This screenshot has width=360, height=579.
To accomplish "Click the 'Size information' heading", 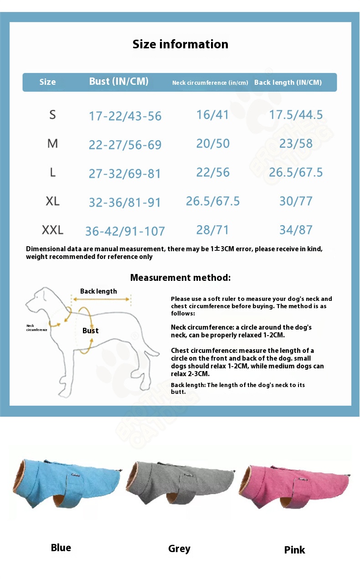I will pos(180,44).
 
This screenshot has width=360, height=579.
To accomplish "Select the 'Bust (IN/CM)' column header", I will pos(118,82).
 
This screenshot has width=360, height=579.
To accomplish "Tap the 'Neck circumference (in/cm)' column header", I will pos(210,83).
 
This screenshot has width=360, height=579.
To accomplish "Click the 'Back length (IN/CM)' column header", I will pos(288,83).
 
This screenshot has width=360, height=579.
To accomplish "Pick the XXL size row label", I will pos(52,230).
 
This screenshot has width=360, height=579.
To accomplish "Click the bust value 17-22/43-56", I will pos(125,116).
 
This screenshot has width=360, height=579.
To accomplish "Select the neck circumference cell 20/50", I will pos(213,144).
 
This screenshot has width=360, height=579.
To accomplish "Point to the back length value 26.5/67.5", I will pos(296,172).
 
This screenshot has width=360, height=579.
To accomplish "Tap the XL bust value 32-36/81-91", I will pos(125,202).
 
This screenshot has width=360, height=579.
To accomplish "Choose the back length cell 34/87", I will pos(296,230).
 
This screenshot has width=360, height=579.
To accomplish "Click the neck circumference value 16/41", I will pos(212,114).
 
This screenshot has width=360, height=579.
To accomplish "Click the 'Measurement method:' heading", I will pos(180,278).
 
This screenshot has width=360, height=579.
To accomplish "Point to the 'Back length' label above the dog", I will pos(98,291).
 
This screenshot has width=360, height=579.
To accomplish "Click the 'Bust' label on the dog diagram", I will pos(90,331).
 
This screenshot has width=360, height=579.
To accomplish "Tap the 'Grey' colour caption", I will pos(179,548).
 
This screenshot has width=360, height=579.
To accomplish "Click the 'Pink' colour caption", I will pos(294,550).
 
